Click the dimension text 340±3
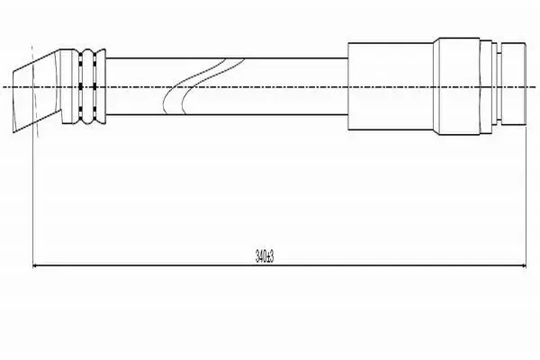[264, 256]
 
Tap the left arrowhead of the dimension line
[34, 265]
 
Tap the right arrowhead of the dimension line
[524, 265]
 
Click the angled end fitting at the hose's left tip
[37, 91]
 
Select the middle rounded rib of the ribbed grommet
[88, 86]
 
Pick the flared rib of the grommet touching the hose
[100, 86]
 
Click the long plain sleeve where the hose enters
[391, 86]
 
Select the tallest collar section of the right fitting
[459, 86]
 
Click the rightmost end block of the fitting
[513, 84]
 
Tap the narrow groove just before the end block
[499, 86]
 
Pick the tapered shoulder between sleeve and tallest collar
[436, 86]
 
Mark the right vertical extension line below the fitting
[526, 196]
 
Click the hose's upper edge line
[227, 58]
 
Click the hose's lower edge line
[227, 114]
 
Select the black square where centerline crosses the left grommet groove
[80, 86]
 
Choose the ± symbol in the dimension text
[267, 257]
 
